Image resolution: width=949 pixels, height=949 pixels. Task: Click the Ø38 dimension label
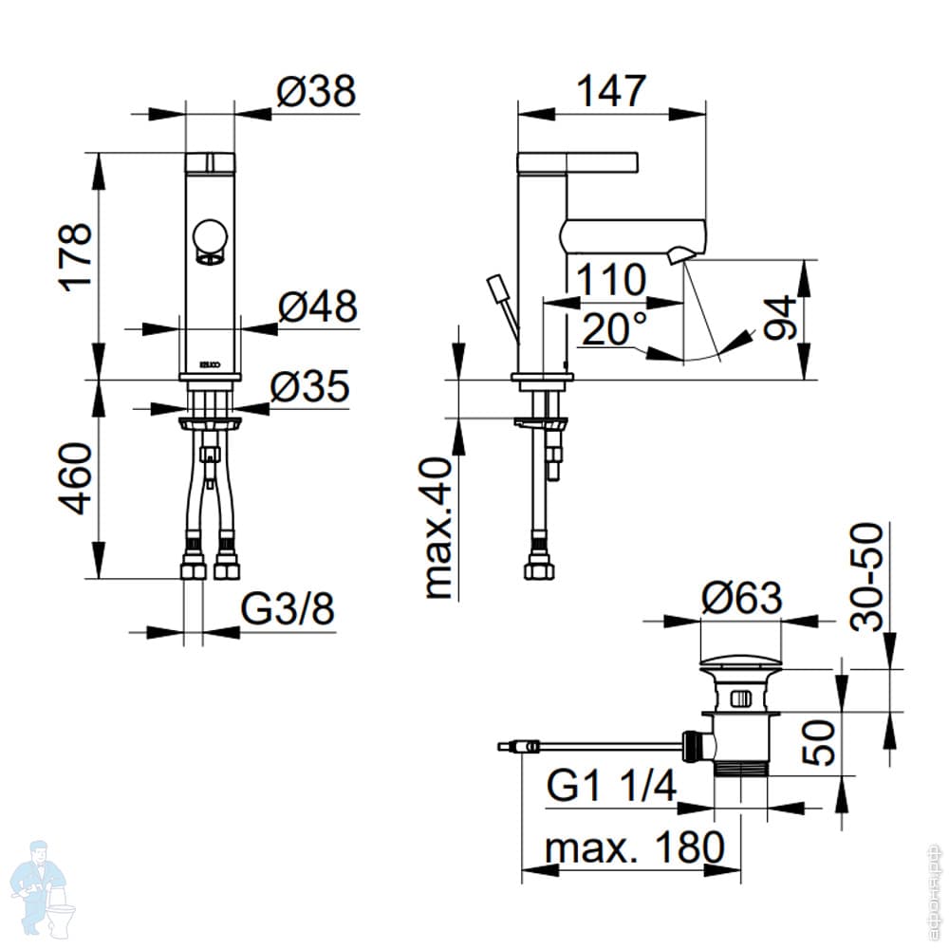[316, 92]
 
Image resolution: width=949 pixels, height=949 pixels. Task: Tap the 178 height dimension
[75, 257]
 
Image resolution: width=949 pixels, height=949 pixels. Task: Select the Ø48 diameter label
[317, 307]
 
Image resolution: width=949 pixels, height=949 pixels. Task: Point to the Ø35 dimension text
[309, 387]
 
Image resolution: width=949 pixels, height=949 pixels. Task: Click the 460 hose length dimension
[75, 478]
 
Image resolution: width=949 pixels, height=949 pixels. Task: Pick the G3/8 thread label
[287, 610]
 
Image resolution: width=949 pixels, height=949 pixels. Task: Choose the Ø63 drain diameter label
[741, 599]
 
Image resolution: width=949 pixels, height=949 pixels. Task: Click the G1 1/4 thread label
[612, 786]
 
